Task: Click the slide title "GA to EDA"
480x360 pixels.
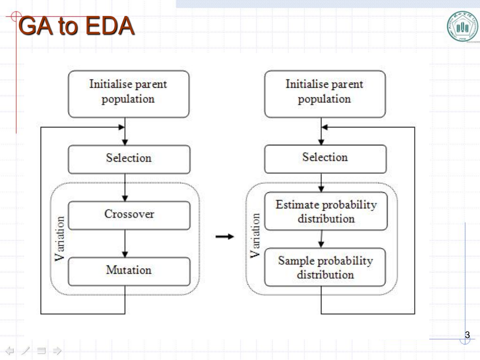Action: [76, 26]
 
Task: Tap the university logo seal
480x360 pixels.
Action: [463, 26]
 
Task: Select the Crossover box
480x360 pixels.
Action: [129, 215]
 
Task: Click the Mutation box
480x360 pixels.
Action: [129, 272]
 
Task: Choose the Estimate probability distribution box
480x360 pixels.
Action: [325, 211]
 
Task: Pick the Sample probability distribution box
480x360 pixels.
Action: [325, 267]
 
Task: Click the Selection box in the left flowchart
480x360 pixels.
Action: [129, 159]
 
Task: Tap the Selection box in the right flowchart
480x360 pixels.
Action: [325, 159]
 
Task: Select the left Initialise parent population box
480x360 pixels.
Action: [128, 94]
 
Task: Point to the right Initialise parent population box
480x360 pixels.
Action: [325, 94]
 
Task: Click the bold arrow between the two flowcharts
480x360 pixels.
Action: [225, 237]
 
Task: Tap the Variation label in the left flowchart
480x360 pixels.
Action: [60, 239]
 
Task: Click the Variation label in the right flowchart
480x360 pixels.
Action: [255, 236]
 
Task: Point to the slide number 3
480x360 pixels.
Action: [467, 335]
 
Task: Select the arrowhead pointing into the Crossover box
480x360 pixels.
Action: [125, 199]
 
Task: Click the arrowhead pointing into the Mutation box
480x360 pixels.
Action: [125, 254]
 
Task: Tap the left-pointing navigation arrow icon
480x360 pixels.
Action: [10, 350]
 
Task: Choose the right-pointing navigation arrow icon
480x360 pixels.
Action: [57, 350]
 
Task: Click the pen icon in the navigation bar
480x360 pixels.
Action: [26, 350]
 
